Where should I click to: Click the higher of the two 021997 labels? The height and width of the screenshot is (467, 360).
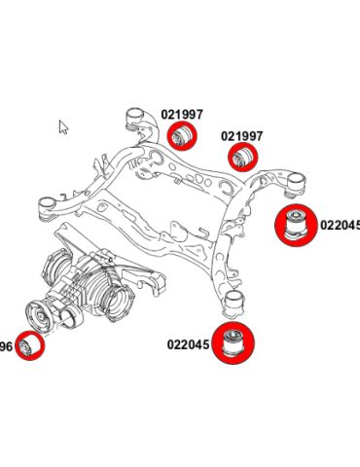[x=182, y=114]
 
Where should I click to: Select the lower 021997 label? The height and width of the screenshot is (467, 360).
[x=240, y=135]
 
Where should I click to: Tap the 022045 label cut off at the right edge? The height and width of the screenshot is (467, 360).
[x=341, y=225]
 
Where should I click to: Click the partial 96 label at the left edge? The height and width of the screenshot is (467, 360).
[x=5, y=345]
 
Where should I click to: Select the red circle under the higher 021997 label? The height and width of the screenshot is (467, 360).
[x=180, y=136]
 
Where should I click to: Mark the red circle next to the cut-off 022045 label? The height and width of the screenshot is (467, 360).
[x=294, y=225]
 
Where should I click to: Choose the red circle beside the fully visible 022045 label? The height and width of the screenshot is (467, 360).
[x=234, y=343]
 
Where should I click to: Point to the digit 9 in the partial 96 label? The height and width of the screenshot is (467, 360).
[x=2, y=345]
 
